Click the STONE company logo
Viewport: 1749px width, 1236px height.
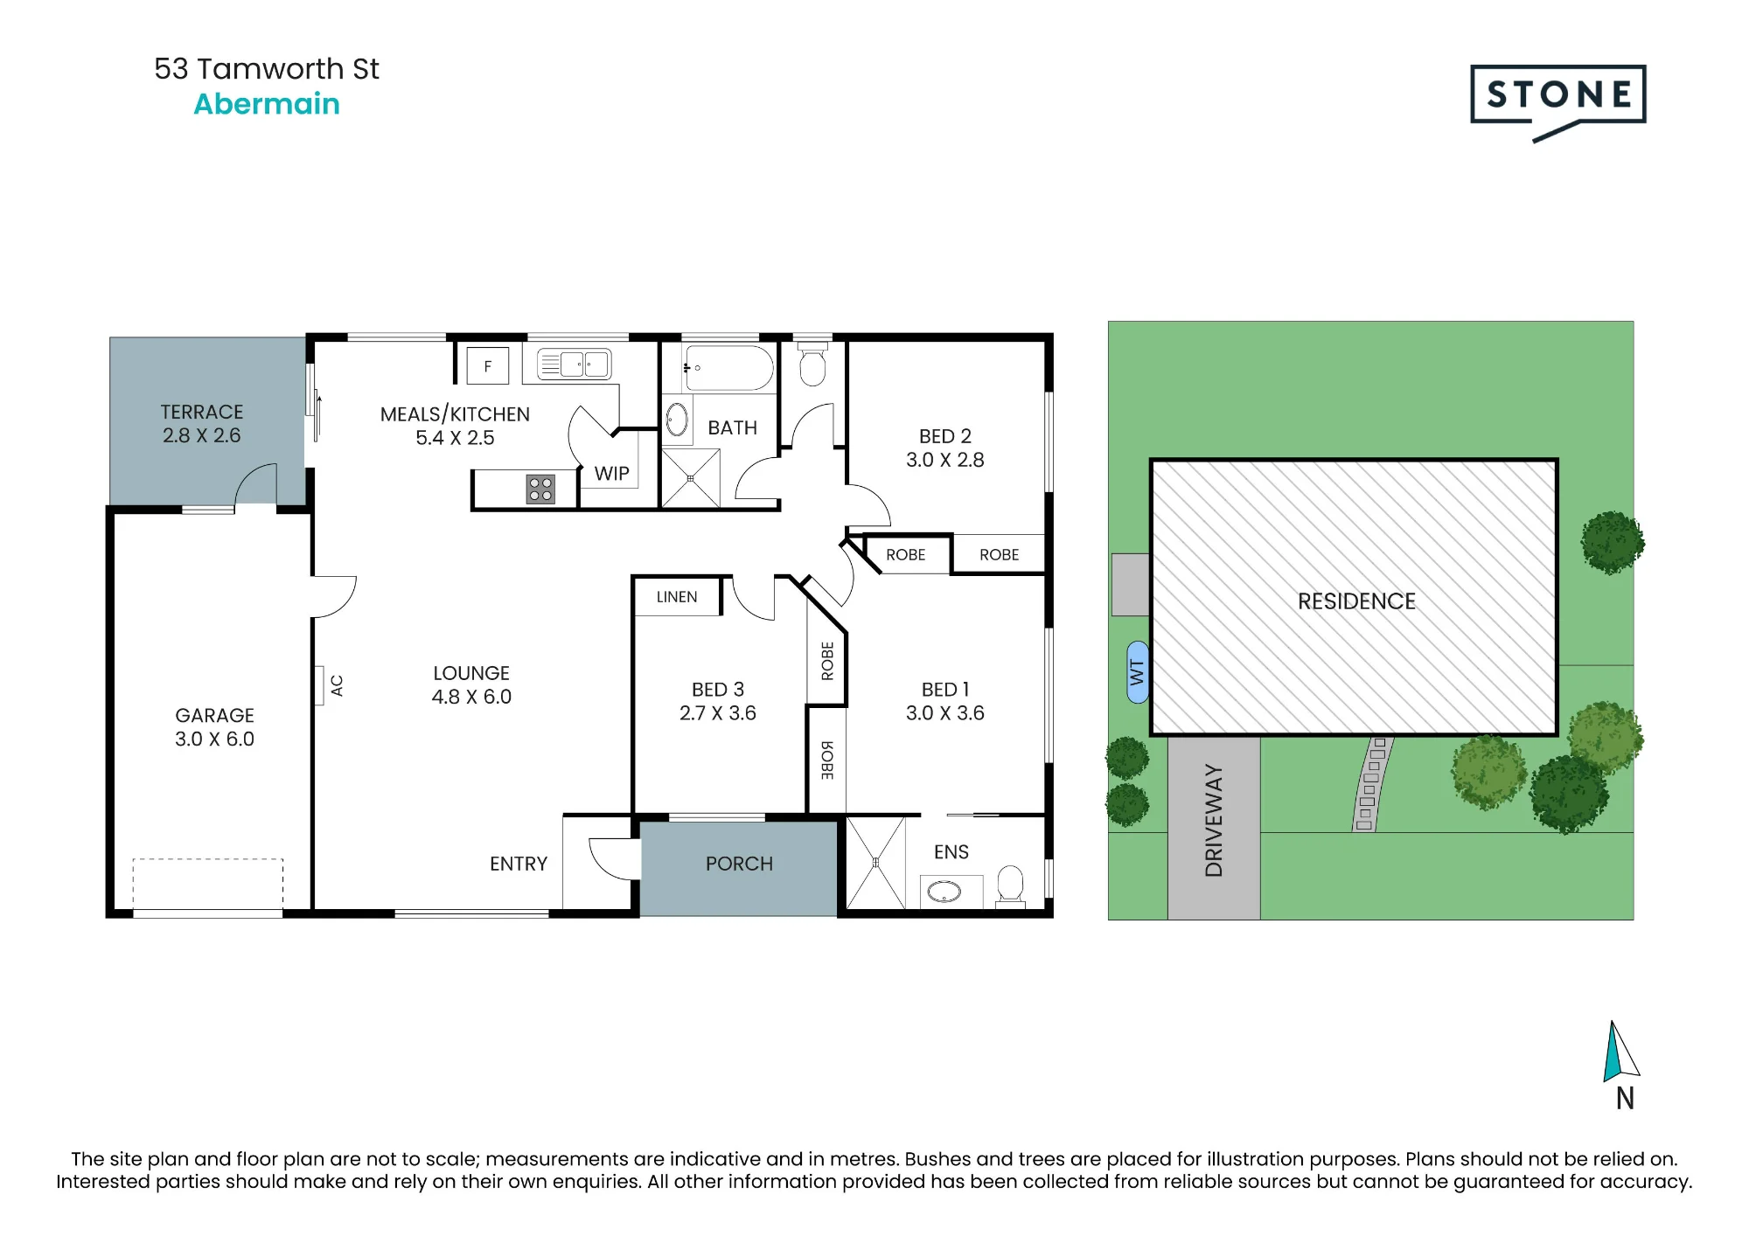pyautogui.click(x=1557, y=102)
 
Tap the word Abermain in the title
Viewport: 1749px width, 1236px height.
pyautogui.click(x=267, y=104)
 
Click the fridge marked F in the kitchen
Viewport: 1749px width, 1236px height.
pyautogui.click(x=488, y=366)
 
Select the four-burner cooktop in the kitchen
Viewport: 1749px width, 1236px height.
pyautogui.click(x=540, y=489)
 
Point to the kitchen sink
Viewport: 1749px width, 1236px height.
pyautogui.click(x=574, y=364)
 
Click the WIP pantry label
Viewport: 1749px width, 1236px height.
pyautogui.click(x=611, y=474)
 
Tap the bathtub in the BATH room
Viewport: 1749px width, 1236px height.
pyautogui.click(x=728, y=367)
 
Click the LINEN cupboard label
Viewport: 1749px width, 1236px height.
pyautogui.click(x=677, y=597)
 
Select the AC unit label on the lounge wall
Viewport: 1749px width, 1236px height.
pyautogui.click(x=337, y=685)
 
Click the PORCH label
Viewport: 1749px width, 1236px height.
pyautogui.click(x=739, y=864)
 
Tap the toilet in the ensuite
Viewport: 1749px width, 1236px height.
pyautogui.click(x=1010, y=885)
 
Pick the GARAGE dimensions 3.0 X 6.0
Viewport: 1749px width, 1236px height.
pyautogui.click(x=214, y=739)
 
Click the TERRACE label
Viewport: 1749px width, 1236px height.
pyautogui.click(x=202, y=412)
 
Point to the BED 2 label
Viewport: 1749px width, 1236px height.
pyautogui.click(x=945, y=436)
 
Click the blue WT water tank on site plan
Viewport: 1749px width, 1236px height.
pyautogui.click(x=1138, y=671)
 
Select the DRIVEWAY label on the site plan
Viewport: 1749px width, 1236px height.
pyautogui.click(x=1214, y=820)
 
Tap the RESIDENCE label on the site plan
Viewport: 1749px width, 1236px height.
pyautogui.click(x=1356, y=601)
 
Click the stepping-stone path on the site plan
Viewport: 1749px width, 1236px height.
pyautogui.click(x=1371, y=783)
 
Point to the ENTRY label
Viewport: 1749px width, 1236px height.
pyautogui.click(x=519, y=864)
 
